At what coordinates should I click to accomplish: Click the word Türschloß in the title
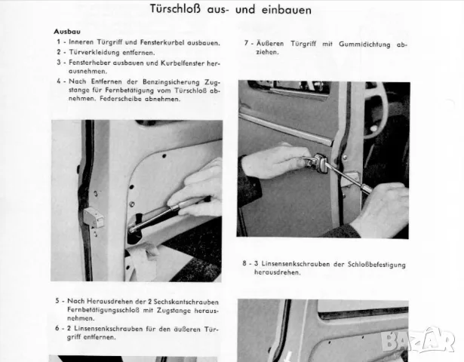point(175,9)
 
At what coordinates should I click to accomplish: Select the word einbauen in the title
point(287,10)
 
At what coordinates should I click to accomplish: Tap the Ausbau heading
point(67,32)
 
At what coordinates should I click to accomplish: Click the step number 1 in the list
point(59,42)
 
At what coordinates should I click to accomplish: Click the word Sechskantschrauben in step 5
point(186,302)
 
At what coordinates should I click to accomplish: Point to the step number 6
point(57,328)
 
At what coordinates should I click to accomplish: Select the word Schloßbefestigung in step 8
point(376,265)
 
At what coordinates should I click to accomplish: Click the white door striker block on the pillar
point(94,217)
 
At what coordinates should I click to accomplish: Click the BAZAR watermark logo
point(418,341)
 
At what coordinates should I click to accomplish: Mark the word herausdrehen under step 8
point(278,272)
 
